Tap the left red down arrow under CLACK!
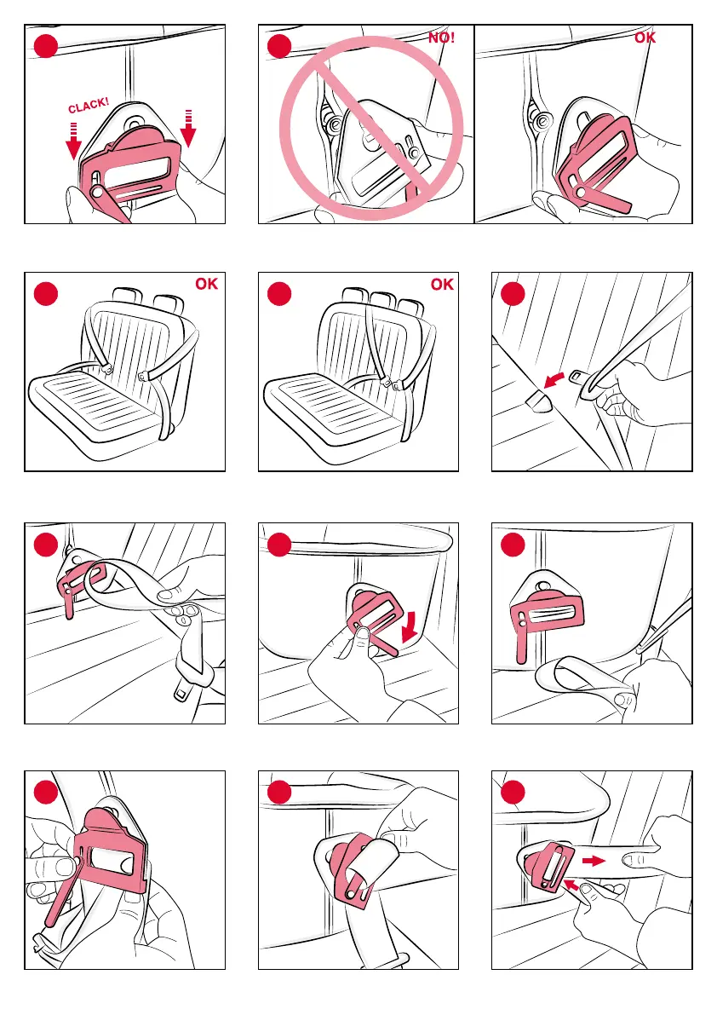(x=74, y=141)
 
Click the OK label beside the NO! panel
(x=646, y=37)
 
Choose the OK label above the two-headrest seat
(x=207, y=285)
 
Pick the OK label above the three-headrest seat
(x=441, y=285)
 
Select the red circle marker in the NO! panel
(x=278, y=45)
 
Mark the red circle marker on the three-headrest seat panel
(x=278, y=293)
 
